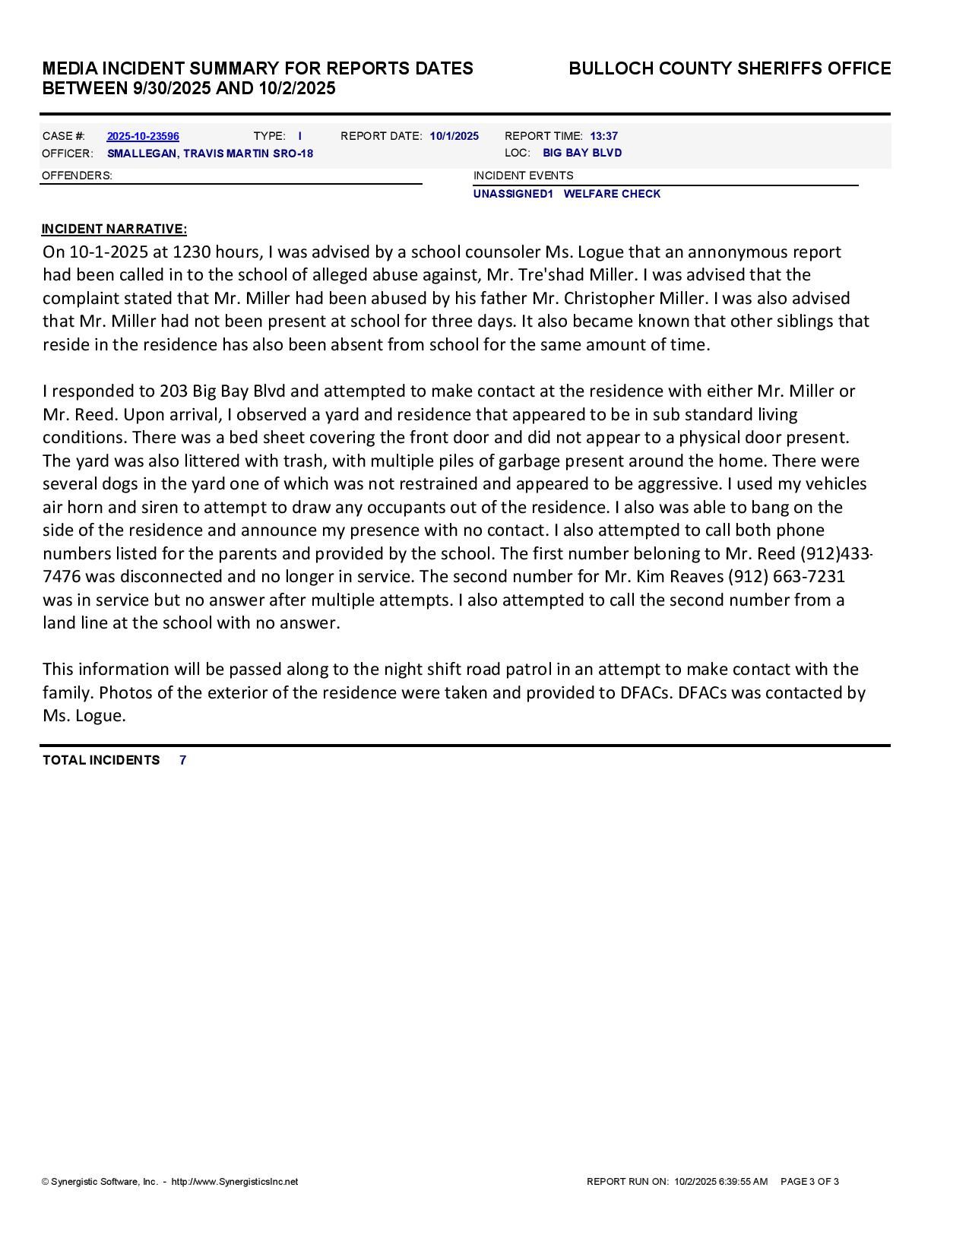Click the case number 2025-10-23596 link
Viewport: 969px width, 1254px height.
pyautogui.click(x=143, y=137)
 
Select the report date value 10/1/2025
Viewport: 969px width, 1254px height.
pyautogui.click(x=454, y=137)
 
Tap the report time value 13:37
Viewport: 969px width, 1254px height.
pyautogui.click(x=604, y=137)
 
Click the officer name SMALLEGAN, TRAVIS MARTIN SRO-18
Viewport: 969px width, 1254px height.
pyautogui.click(x=210, y=154)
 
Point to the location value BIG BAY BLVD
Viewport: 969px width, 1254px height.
pyautogui.click(x=582, y=153)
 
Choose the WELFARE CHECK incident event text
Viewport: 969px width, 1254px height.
pyautogui.click(x=612, y=194)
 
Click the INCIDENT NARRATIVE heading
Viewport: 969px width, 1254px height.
pyautogui.click(x=114, y=229)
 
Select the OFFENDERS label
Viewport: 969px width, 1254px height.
pyautogui.click(x=77, y=176)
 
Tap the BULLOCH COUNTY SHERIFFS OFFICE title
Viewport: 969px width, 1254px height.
pyautogui.click(x=730, y=69)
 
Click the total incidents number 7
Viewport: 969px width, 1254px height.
pyautogui.click(x=183, y=760)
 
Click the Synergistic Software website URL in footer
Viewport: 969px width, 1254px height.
pyautogui.click(x=235, y=1182)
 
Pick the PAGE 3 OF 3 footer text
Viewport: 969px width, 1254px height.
pyautogui.click(x=809, y=1182)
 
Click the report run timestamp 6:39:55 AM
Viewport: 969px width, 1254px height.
pyautogui.click(x=743, y=1182)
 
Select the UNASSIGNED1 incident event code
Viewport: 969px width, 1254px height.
pyautogui.click(x=513, y=194)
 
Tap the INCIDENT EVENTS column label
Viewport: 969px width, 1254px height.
pyautogui.click(x=524, y=176)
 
